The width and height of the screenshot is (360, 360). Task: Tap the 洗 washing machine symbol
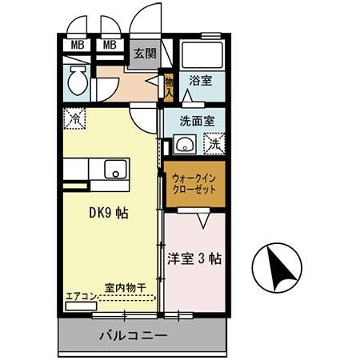coord(214,145)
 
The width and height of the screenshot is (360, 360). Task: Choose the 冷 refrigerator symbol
coord(73,117)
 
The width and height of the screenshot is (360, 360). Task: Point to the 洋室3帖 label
coord(195,259)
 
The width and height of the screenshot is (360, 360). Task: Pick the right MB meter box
coord(110,45)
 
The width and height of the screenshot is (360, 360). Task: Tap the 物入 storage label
coord(169,84)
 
